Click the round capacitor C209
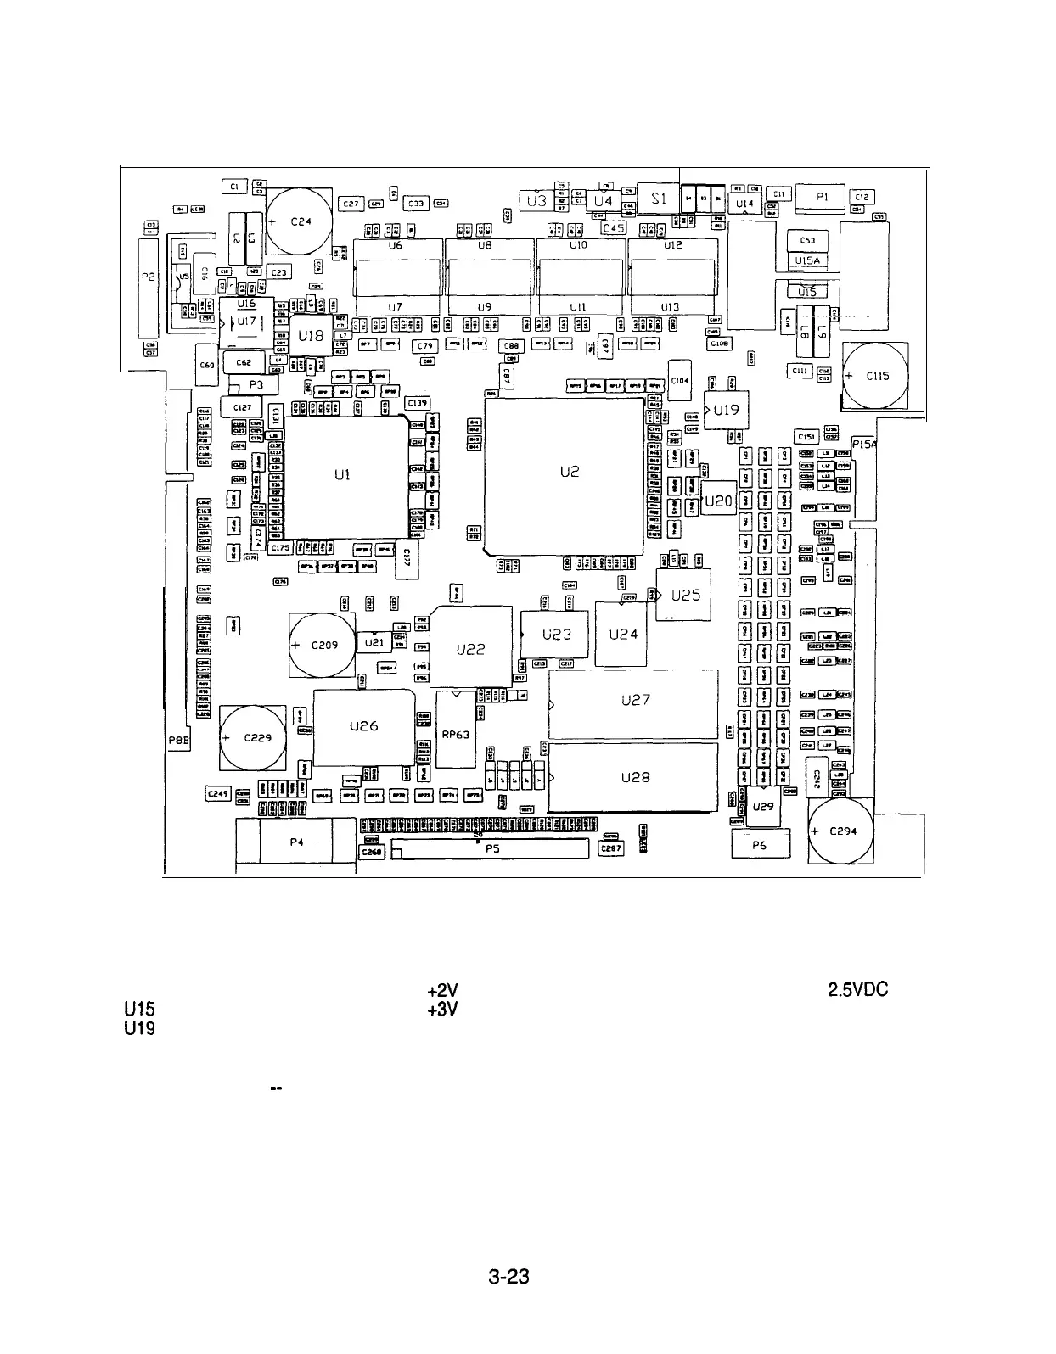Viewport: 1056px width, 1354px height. coord(322,646)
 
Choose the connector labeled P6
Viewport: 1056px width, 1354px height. coord(760,845)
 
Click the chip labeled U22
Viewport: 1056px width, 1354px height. coord(471,649)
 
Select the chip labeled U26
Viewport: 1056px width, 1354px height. coord(363,727)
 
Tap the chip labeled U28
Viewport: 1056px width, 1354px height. coord(634,777)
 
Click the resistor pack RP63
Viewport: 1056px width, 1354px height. coord(456,735)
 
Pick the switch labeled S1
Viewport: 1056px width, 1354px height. coord(659,200)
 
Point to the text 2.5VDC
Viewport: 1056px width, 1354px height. coord(857,990)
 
